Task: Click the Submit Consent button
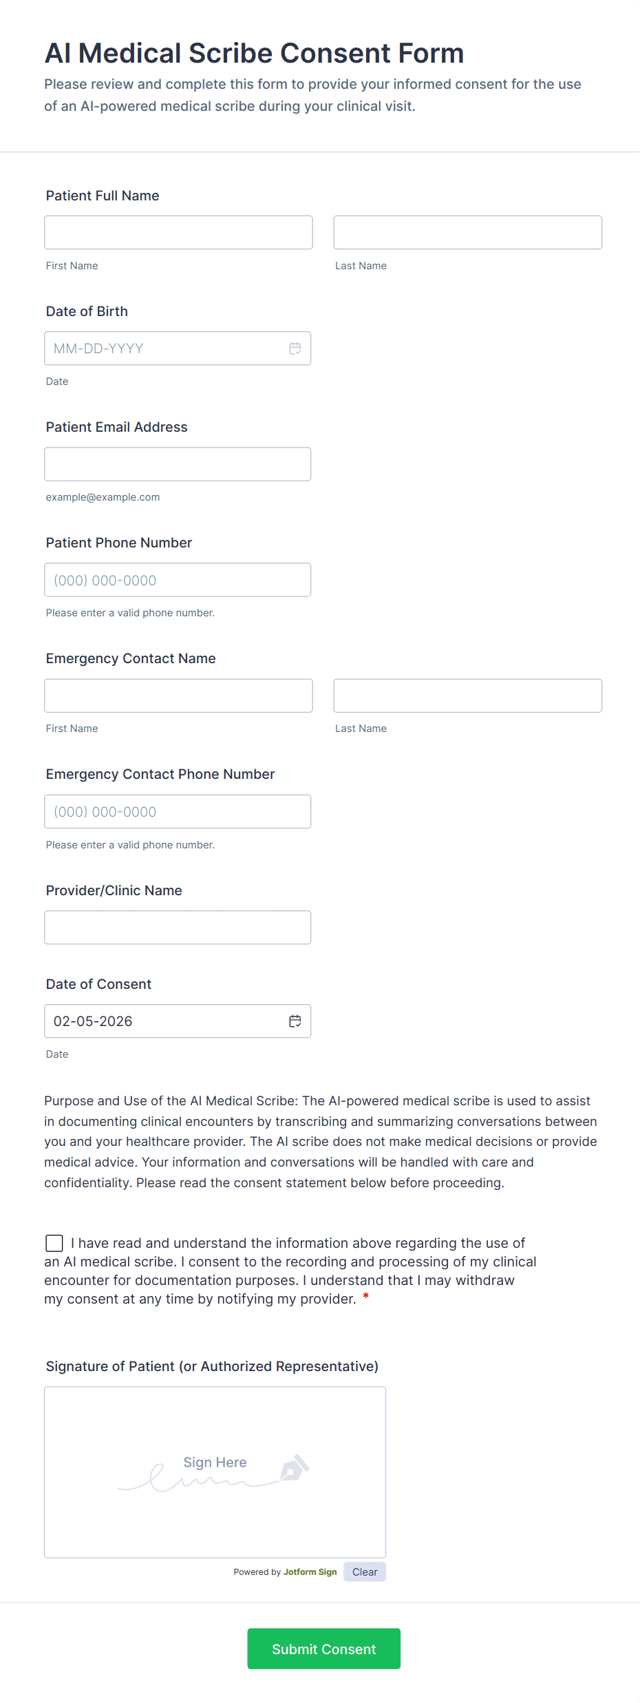point(323,1648)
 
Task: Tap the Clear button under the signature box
point(365,1571)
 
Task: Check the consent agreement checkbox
point(54,1242)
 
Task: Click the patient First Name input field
point(178,232)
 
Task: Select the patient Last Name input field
point(467,232)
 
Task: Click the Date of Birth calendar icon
point(295,348)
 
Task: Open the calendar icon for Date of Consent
point(295,1021)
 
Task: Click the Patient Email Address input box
point(178,464)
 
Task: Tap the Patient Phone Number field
point(178,580)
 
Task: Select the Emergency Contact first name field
point(178,696)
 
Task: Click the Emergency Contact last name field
point(467,696)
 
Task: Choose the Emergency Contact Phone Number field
point(178,811)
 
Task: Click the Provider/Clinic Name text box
point(178,927)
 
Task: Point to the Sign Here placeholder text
point(215,1462)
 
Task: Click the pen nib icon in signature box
point(294,1468)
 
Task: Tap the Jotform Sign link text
point(310,1571)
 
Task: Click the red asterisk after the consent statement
point(366,1297)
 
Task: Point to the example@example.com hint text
point(103,497)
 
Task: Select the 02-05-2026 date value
point(93,1021)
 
